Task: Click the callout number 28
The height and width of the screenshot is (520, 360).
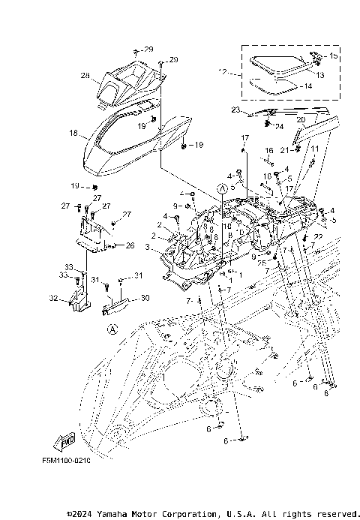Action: [x=85, y=76]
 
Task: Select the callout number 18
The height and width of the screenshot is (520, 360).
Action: [x=73, y=133]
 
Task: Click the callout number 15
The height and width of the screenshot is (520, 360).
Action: [x=334, y=56]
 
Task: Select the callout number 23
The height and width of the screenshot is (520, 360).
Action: [x=235, y=110]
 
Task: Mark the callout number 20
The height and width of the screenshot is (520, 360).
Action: [x=300, y=119]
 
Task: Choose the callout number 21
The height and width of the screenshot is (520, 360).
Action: [x=283, y=150]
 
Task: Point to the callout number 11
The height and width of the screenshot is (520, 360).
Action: [x=315, y=149]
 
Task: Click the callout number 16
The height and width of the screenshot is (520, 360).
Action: [x=268, y=151]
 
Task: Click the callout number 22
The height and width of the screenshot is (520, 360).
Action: [x=318, y=237]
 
